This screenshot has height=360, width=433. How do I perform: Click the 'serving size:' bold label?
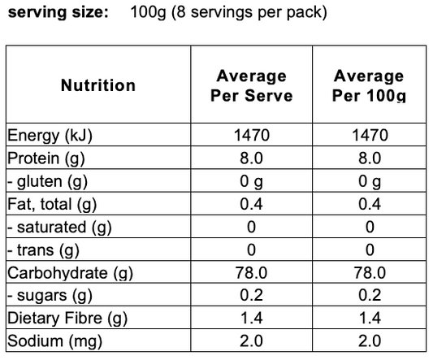pos(58,13)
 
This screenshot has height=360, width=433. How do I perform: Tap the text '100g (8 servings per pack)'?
pos(228,13)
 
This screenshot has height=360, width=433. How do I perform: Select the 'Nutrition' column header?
pos(98,85)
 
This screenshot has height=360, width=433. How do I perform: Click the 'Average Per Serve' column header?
pos(252,85)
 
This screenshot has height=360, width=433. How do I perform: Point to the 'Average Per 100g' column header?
pos(369,85)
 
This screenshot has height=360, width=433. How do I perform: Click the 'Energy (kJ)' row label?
pos(50,136)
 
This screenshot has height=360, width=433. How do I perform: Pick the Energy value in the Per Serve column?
pos(252,135)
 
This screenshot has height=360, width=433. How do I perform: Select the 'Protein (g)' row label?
pos(45,158)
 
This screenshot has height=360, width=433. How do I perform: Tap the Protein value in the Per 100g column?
pos(370,158)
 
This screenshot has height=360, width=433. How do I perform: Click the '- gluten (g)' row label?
pos(47,182)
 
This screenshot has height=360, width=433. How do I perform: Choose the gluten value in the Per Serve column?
pos(251,182)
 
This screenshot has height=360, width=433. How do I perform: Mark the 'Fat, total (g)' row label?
pos(52,205)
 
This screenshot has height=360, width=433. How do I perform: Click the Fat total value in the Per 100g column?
pos(370,204)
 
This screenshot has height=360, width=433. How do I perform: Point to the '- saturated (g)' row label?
pos(59,228)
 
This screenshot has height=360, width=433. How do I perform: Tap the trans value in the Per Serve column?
pos(251,249)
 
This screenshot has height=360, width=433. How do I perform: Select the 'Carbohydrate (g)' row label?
pos(70,273)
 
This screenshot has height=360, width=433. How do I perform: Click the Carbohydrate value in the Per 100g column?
pos(370,273)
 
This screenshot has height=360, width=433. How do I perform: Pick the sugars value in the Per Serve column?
pos(251,295)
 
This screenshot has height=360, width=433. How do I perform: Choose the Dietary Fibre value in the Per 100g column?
pos(370,318)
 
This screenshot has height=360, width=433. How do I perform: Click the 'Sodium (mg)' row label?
pos(54,341)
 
